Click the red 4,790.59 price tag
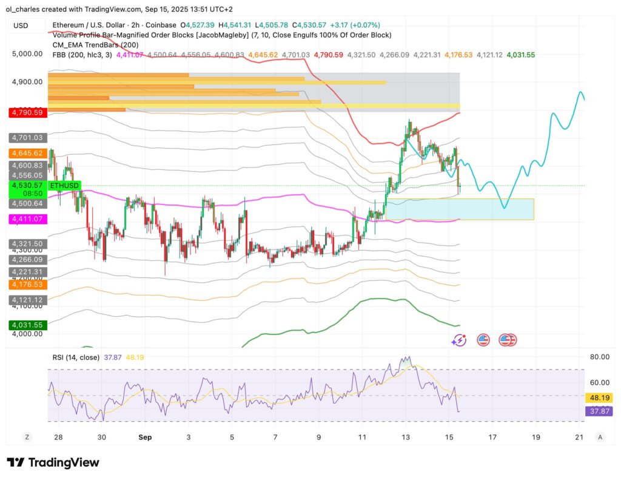[x=27, y=112]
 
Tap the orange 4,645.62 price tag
[x=27, y=154]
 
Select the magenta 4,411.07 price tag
[x=27, y=218]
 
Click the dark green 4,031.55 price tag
[x=27, y=325]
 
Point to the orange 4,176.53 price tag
[x=27, y=284]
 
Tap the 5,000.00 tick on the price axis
[x=27, y=54]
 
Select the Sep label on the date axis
[x=144, y=436]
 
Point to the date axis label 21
[x=579, y=436]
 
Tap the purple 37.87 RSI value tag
[x=597, y=411]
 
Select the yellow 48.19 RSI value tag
[x=597, y=397]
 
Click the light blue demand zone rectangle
[x=460, y=209]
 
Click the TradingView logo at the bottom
[x=53, y=462]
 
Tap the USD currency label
[x=21, y=25]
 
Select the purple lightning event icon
[x=459, y=340]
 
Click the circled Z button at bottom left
[x=27, y=436]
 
